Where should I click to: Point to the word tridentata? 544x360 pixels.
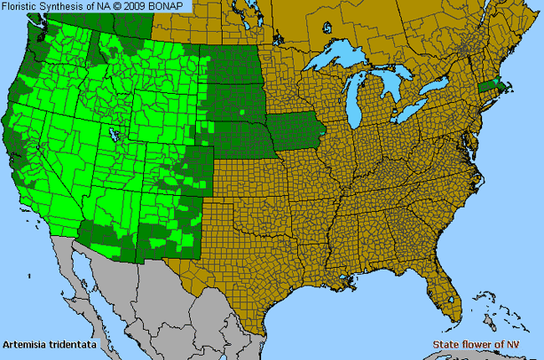(x=73, y=344)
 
